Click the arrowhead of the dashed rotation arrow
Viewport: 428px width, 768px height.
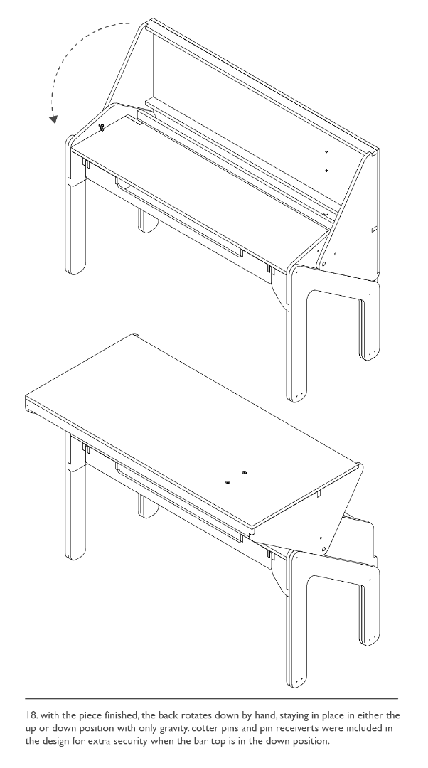coord(53,119)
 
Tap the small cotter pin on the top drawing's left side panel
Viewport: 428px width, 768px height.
coord(102,127)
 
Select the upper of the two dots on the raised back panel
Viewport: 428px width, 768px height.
coord(326,152)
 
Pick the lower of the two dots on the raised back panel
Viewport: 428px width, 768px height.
coord(326,171)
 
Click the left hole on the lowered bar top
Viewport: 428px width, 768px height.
coord(228,482)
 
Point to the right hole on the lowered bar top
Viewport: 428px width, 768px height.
coord(244,473)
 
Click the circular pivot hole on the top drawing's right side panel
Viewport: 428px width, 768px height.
coord(323,265)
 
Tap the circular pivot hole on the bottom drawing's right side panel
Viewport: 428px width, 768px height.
coord(323,549)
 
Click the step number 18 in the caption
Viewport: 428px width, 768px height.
coord(31,715)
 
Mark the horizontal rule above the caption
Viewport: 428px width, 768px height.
coord(212,698)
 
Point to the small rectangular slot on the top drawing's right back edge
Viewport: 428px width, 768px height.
coord(374,229)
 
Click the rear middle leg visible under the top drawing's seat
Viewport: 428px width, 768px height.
coord(147,221)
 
